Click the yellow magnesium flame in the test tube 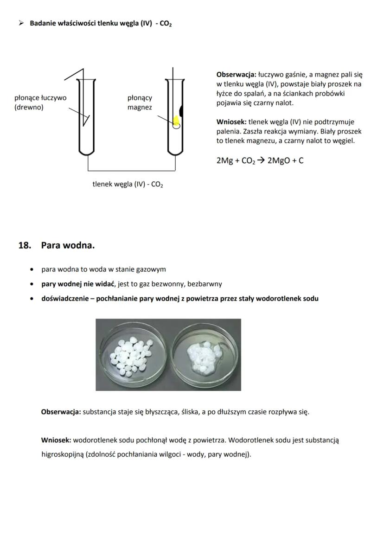coord(176,121)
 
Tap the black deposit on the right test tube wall coord(181,110)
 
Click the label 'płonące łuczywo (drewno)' coord(40,102)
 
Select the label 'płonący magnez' coord(140,102)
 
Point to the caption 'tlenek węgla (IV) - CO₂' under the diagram coord(128,185)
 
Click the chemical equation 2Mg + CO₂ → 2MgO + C coord(260,161)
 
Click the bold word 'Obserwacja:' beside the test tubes coord(236,74)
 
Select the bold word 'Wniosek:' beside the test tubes coord(231,122)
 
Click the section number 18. coord(24,245)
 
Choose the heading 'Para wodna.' coord(68,245)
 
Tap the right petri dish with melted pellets coord(205,355)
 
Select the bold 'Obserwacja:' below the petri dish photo coord(61,412)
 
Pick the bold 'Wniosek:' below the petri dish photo coord(56,440)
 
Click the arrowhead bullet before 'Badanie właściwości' coord(21,24)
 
